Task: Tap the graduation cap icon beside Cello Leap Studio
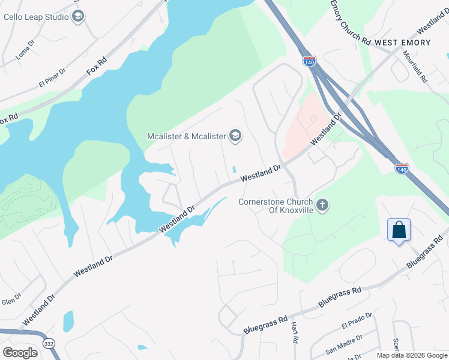pos(78,17)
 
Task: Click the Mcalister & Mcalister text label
pos(186,137)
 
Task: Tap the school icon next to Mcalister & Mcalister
pos(235,136)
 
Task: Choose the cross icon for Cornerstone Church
pos(322,206)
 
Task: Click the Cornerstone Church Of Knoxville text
pos(276,206)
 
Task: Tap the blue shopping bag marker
pos(399,230)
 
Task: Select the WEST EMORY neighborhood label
pos(402,43)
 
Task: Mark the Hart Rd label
pos(295,332)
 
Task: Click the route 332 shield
pos(49,342)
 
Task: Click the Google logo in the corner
pos(20,352)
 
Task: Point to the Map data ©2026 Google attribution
pos(412,355)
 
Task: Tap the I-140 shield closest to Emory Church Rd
pos(309,61)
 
